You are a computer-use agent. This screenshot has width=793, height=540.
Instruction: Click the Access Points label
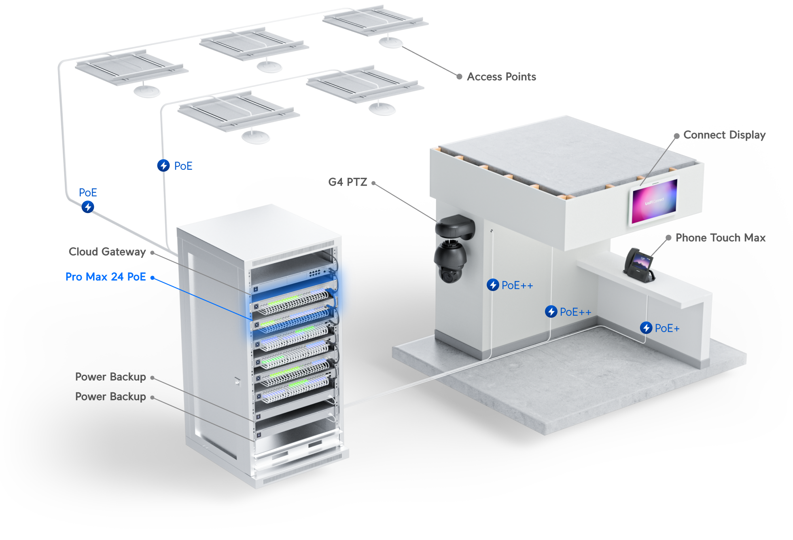pyautogui.click(x=501, y=77)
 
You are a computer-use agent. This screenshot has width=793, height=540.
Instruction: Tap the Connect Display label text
pyautogui.click(x=724, y=135)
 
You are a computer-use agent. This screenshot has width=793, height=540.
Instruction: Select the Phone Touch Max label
pyautogui.click(x=721, y=238)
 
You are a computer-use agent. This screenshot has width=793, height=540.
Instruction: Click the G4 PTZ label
pyautogui.click(x=348, y=182)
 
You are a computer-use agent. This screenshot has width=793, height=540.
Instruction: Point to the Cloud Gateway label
pyautogui.click(x=107, y=252)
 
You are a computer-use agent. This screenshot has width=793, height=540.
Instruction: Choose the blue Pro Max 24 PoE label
pyautogui.click(x=106, y=277)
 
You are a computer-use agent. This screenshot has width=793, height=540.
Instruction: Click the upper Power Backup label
pyautogui.click(x=110, y=377)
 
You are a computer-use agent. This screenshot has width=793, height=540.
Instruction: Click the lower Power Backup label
pyautogui.click(x=110, y=397)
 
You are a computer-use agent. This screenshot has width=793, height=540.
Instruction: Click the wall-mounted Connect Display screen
pyautogui.click(x=653, y=201)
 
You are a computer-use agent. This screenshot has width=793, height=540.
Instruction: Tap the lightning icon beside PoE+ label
pyautogui.click(x=646, y=328)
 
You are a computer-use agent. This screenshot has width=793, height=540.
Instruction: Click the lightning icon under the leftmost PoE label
pyautogui.click(x=88, y=207)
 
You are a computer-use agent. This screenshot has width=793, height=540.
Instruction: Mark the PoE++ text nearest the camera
pyautogui.click(x=517, y=285)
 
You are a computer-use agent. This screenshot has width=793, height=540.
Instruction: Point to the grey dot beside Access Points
pyautogui.click(x=459, y=76)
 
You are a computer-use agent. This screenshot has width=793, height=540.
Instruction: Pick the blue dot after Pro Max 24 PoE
pyautogui.click(x=153, y=278)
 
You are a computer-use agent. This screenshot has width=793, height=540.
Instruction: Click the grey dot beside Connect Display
pyautogui.click(x=676, y=136)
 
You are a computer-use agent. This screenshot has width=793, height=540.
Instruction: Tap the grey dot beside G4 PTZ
pyautogui.click(x=373, y=183)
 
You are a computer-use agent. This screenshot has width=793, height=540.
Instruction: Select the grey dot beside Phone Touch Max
pyautogui.click(x=668, y=238)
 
